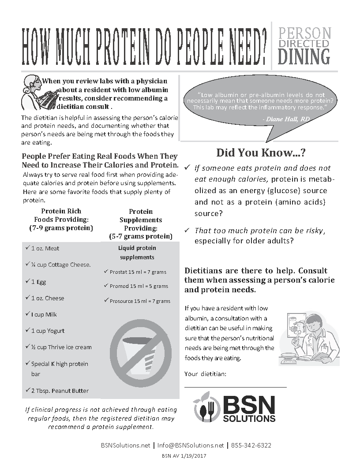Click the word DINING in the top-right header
[x=304, y=57]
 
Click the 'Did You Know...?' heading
[x=261, y=153]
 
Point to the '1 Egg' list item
[x=38, y=282]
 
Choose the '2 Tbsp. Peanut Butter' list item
[x=60, y=391]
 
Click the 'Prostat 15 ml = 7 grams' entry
[x=138, y=272]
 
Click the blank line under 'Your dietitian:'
[x=235, y=386]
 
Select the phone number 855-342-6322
[x=251, y=445]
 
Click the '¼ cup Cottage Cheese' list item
[x=60, y=265]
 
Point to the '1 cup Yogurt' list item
[x=48, y=331]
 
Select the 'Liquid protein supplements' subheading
[x=137, y=253]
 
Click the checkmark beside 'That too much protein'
[x=187, y=231]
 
